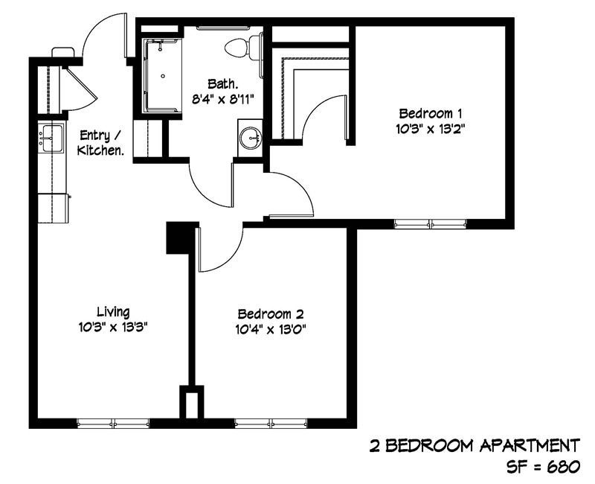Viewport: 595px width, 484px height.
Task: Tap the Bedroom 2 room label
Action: (x=270, y=313)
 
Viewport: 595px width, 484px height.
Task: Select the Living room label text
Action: (x=113, y=311)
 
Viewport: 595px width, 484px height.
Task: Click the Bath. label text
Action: (x=223, y=83)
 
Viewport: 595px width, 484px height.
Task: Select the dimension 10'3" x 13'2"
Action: (x=431, y=128)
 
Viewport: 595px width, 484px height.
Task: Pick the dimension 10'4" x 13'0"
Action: (x=270, y=328)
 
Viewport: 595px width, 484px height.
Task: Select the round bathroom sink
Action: (x=251, y=137)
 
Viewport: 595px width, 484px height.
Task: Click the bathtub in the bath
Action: (x=161, y=74)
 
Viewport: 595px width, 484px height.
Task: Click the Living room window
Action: (x=113, y=423)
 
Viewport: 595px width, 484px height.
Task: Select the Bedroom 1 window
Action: (x=431, y=223)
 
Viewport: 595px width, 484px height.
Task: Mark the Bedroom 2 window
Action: (x=271, y=423)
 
